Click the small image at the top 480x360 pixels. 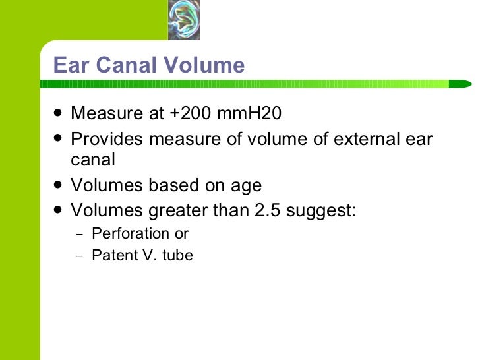pyautogui.click(x=184, y=20)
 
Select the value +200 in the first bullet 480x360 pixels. pyautogui.click(x=185, y=114)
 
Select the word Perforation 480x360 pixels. pyautogui.click(x=131, y=233)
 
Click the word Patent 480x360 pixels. pyautogui.click(x=112, y=256)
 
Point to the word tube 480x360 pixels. pyautogui.click(x=177, y=256)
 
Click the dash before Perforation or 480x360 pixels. pyautogui.click(x=80, y=234)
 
